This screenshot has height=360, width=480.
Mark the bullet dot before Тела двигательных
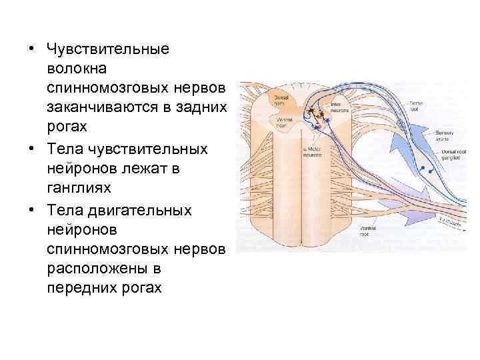coord(31,210)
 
